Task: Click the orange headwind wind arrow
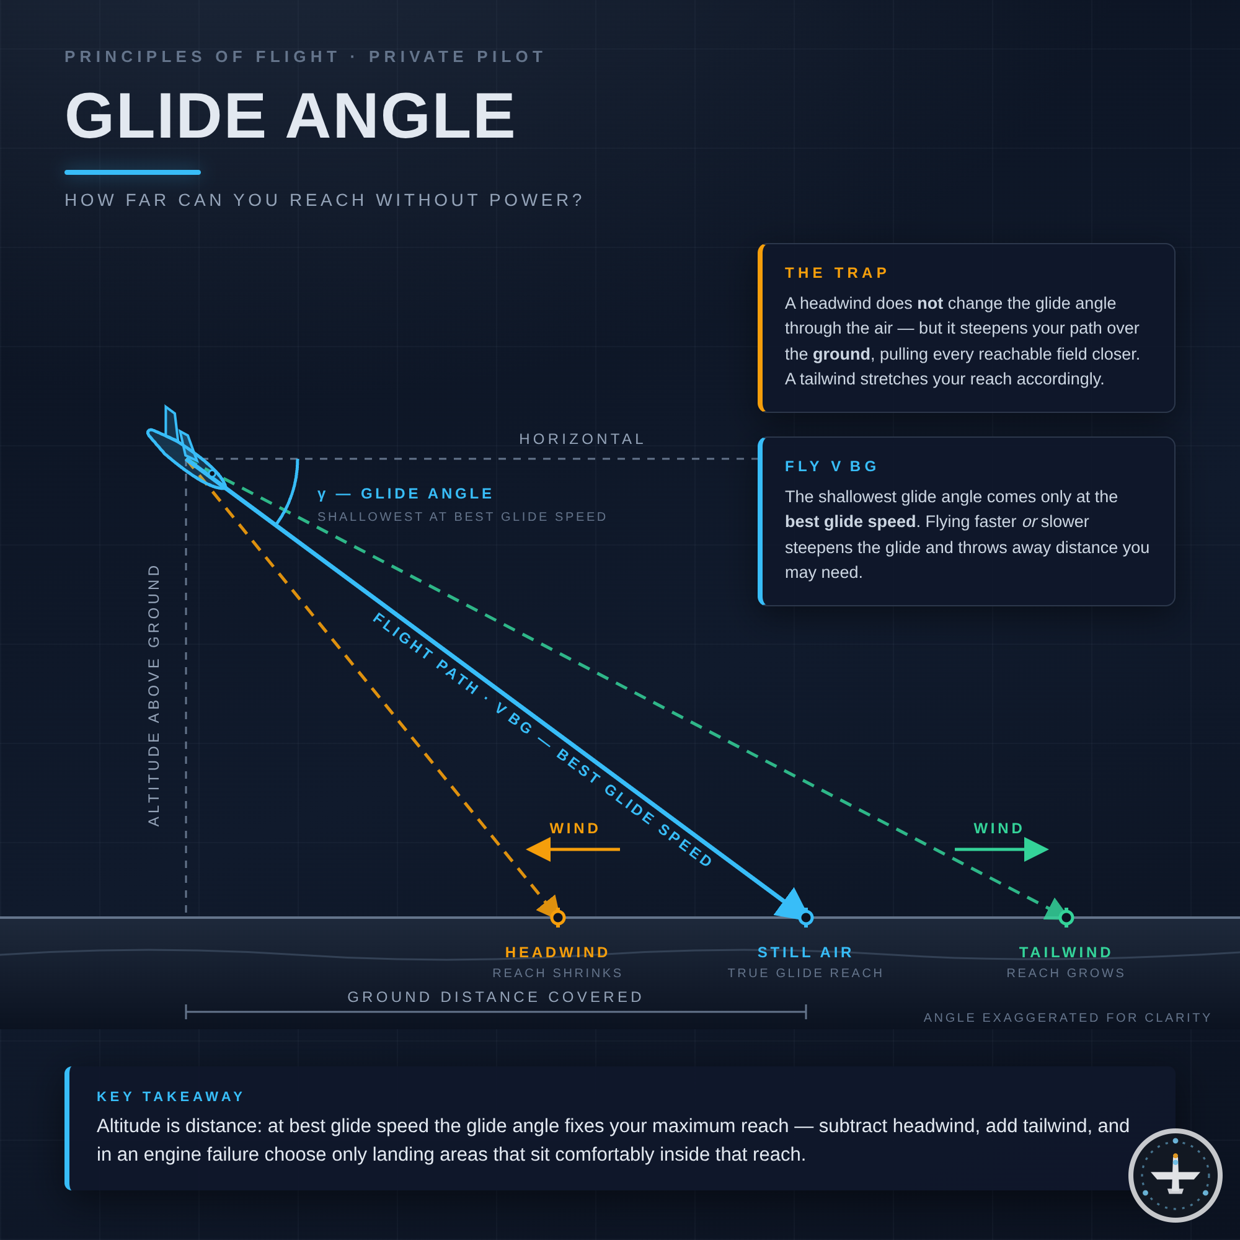(x=573, y=849)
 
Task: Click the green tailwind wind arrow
(x=1001, y=849)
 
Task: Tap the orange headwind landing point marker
(x=558, y=918)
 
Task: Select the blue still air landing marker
(x=806, y=918)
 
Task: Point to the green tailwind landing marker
(x=1066, y=918)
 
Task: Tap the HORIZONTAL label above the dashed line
(x=582, y=439)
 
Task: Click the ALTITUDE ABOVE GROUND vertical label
(x=153, y=694)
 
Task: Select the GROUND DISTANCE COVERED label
(x=495, y=997)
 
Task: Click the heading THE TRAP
(x=836, y=273)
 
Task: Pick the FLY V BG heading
(x=831, y=466)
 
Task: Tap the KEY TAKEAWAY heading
(x=170, y=1096)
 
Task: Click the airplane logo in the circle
(x=1175, y=1175)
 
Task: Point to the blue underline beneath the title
(x=133, y=172)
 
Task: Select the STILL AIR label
(x=805, y=952)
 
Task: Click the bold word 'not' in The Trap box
(x=929, y=303)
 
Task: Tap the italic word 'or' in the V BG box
(x=1029, y=522)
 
